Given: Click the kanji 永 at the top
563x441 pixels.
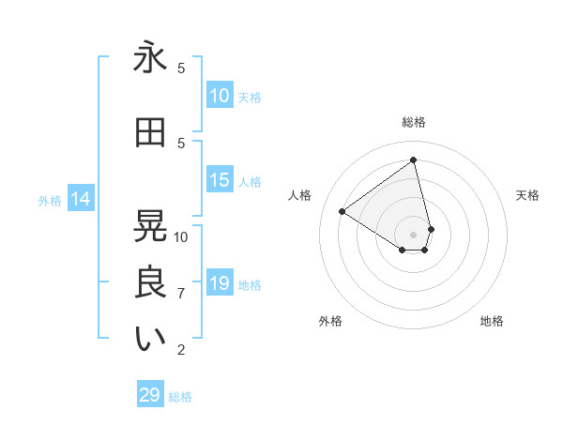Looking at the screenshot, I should tap(150, 58).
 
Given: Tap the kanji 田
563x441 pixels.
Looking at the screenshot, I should tap(150, 133).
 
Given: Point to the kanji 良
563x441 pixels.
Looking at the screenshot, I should tap(150, 282).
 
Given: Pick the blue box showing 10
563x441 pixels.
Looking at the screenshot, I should tap(220, 95).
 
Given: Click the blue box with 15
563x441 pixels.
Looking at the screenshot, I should tap(220, 180).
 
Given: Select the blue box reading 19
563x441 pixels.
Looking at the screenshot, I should tap(220, 283).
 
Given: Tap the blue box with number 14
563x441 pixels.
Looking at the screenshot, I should tap(81, 199).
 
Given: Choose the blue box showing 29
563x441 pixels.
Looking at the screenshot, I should tap(150, 395).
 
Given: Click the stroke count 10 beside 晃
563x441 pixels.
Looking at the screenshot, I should tap(181, 236).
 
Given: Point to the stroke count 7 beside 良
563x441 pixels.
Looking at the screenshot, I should tap(181, 294).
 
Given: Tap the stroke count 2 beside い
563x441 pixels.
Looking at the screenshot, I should tap(181, 350).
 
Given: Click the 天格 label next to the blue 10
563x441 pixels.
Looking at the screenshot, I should tap(250, 97).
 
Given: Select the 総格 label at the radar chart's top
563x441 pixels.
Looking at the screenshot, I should tap(414, 122).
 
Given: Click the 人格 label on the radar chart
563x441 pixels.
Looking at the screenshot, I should tap(300, 195).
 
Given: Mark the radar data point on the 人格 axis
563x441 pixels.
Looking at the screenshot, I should tap(342, 212).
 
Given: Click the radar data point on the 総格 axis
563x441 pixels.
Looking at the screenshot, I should tap(414, 160).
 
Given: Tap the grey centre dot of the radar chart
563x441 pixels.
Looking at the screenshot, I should tap(414, 234).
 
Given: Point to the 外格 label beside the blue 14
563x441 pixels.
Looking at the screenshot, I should tap(50, 200).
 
